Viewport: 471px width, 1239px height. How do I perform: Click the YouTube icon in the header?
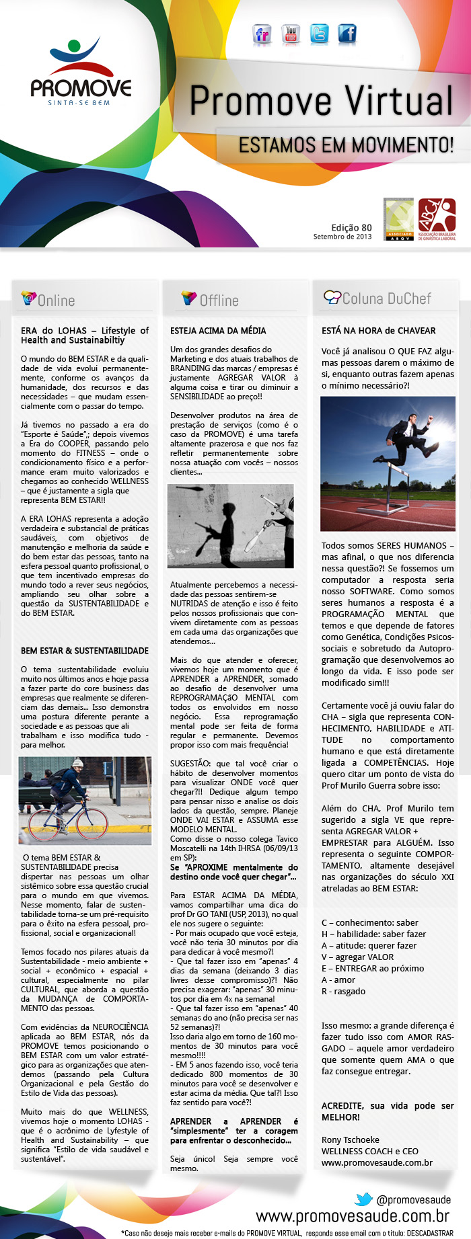pyautogui.click(x=291, y=34)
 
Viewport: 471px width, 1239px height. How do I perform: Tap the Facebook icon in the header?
pyautogui.click(x=347, y=34)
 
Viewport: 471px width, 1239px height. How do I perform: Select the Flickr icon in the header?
pyautogui.click(x=262, y=34)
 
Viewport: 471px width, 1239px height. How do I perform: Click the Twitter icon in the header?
pyautogui.click(x=319, y=34)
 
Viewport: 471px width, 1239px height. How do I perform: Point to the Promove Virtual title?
pyautogui.click(x=322, y=101)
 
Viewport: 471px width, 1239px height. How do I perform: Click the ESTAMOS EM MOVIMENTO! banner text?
pyautogui.click(x=346, y=145)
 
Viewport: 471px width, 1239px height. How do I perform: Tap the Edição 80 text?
pyautogui.click(x=351, y=228)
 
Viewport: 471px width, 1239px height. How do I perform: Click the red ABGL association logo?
pyautogui.click(x=437, y=219)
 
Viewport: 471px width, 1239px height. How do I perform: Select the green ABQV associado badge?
pyautogui.click(x=398, y=219)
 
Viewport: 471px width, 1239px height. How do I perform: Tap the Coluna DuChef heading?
pyautogui.click(x=386, y=298)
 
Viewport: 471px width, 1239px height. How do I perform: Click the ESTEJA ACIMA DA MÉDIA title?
pyautogui.click(x=218, y=331)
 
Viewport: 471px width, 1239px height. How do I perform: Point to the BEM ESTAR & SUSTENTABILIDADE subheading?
pyautogui.click(x=85, y=651)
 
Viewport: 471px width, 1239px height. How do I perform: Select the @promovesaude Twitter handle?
pyautogui.click(x=413, y=1199)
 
